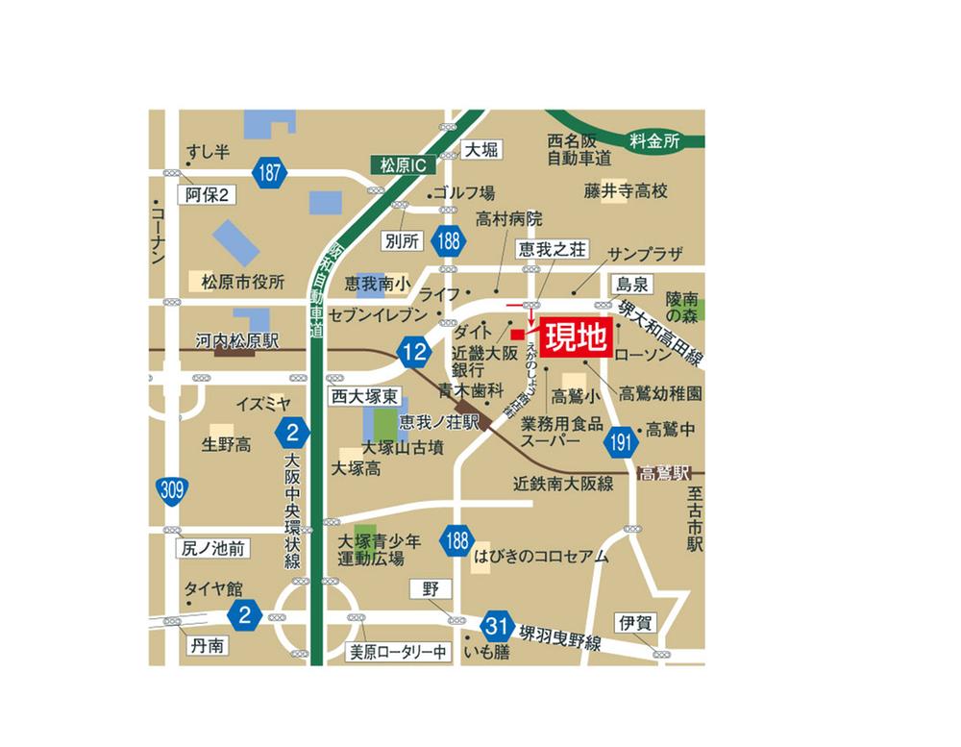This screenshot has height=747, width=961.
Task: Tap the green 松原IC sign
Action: pyautogui.click(x=403, y=165)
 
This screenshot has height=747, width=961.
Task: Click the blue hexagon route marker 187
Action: pyautogui.click(x=271, y=173)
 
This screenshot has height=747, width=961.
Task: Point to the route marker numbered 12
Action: pyautogui.click(x=415, y=353)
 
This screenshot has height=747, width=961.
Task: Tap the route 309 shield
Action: pyautogui.click(x=172, y=491)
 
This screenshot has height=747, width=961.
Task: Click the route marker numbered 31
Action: pyautogui.click(x=496, y=625)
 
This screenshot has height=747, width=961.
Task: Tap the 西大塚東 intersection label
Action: pyautogui.click(x=365, y=395)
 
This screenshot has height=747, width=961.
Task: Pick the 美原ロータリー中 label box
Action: pyautogui.click(x=398, y=652)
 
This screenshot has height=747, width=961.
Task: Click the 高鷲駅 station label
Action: pyautogui.click(x=668, y=473)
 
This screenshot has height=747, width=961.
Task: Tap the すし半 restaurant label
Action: pyautogui.click(x=208, y=151)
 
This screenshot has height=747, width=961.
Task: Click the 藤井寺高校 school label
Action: pyautogui.click(x=625, y=191)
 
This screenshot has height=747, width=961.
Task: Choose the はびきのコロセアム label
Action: pyautogui.click(x=541, y=556)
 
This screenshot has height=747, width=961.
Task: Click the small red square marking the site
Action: pyautogui.click(x=517, y=334)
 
